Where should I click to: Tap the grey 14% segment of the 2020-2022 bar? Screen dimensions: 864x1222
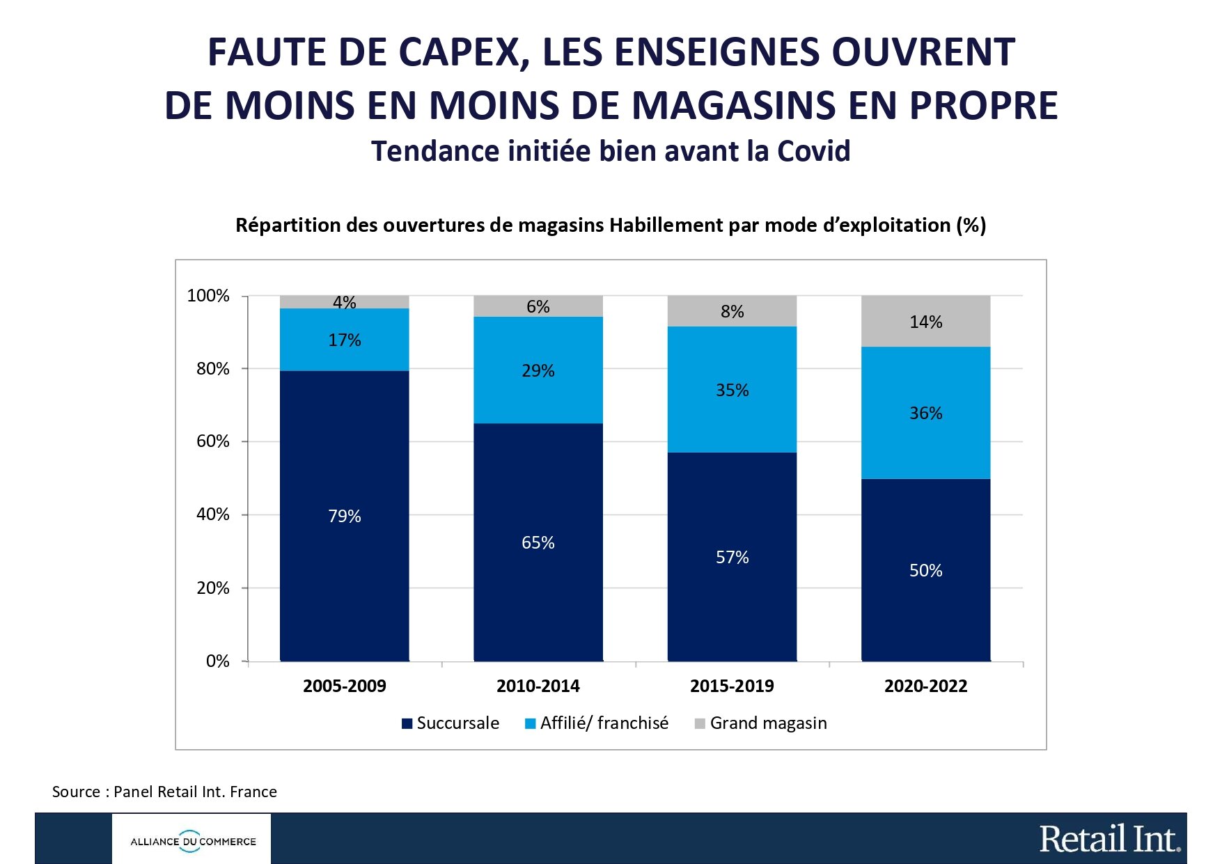pyautogui.click(x=925, y=321)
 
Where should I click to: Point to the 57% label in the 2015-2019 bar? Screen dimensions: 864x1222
pyautogui.click(x=732, y=557)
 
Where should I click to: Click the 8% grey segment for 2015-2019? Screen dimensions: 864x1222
pyautogui.click(x=732, y=311)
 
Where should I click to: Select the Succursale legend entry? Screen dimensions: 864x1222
pyautogui.click(x=451, y=723)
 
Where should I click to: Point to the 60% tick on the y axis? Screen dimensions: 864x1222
pyautogui.click(x=212, y=441)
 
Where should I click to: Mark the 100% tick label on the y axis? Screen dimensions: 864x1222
pyautogui.click(x=207, y=296)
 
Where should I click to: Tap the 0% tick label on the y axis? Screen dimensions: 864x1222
pyautogui.click(x=217, y=661)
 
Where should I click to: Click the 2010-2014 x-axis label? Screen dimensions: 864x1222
pyautogui.click(x=538, y=686)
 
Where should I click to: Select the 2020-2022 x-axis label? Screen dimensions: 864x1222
pyautogui.click(x=925, y=686)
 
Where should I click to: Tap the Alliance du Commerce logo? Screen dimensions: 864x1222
pyautogui.click(x=192, y=841)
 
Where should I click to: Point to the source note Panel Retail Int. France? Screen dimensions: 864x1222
pyautogui.click(x=164, y=792)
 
